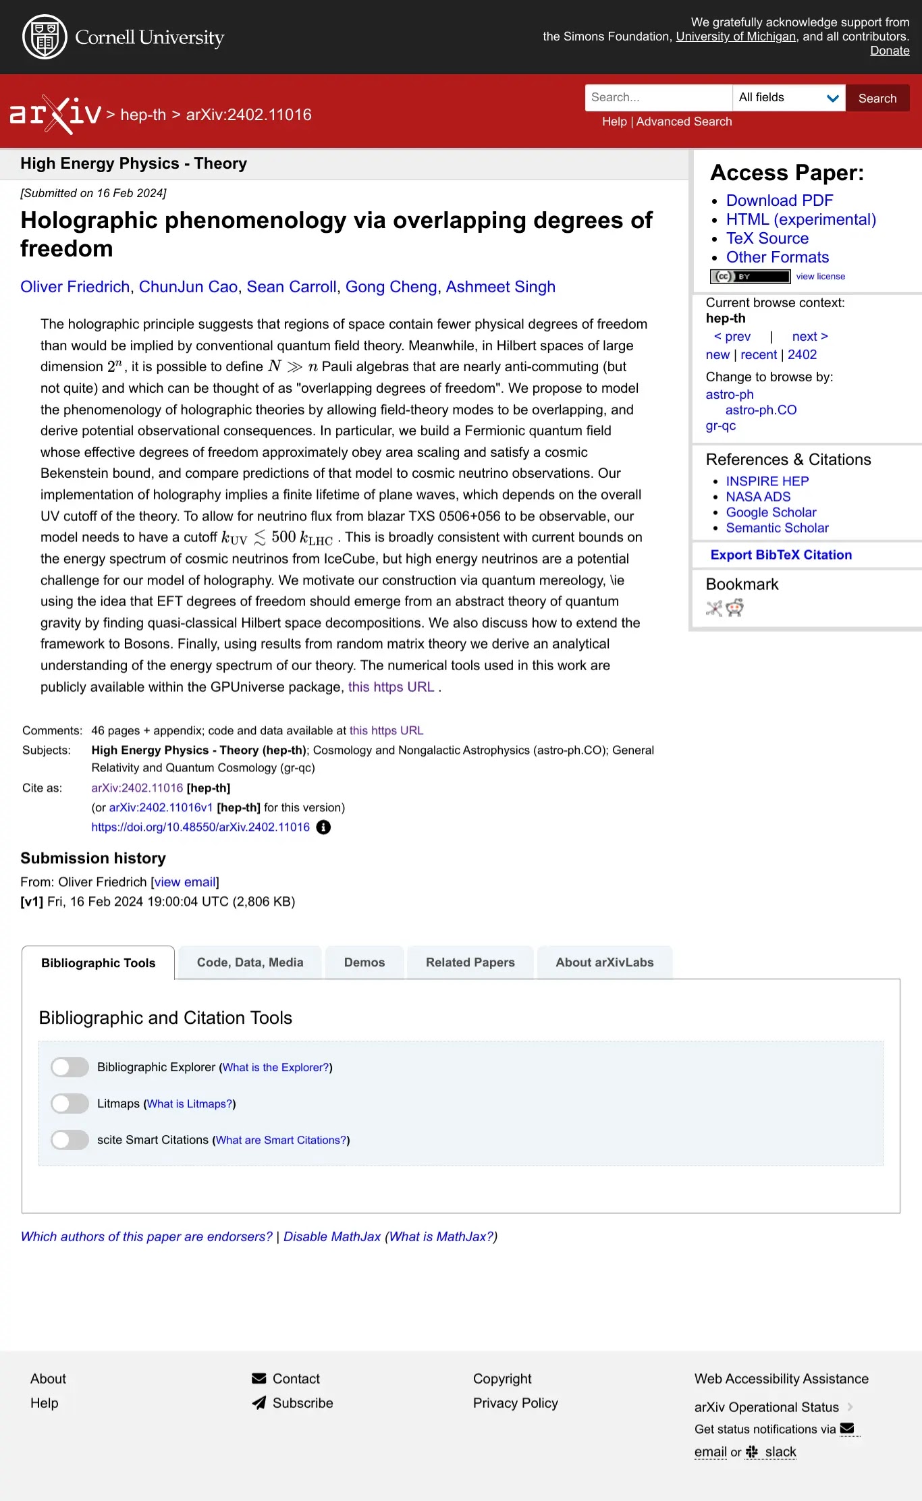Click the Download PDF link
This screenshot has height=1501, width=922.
point(779,200)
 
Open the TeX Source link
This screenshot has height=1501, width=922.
point(767,238)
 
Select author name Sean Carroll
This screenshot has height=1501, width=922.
point(291,287)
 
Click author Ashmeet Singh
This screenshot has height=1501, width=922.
point(500,287)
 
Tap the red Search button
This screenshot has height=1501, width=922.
point(877,98)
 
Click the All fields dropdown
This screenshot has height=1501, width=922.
point(788,98)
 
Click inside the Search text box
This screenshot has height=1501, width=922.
point(658,98)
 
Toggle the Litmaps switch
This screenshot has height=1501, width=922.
point(70,1103)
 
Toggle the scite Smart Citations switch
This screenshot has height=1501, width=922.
point(70,1140)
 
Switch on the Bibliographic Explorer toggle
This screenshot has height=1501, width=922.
point(70,1067)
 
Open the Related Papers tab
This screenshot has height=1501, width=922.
point(470,962)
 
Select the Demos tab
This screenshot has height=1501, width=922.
point(364,962)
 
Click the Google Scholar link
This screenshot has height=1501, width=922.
point(771,512)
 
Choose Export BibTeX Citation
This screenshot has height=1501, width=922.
point(781,555)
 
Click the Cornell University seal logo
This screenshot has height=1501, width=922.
point(45,37)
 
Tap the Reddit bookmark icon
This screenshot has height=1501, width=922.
point(734,608)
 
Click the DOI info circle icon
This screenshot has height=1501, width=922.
point(323,827)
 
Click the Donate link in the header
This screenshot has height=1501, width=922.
point(889,51)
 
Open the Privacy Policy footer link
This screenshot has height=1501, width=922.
point(515,1403)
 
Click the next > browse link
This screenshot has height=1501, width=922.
point(809,336)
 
